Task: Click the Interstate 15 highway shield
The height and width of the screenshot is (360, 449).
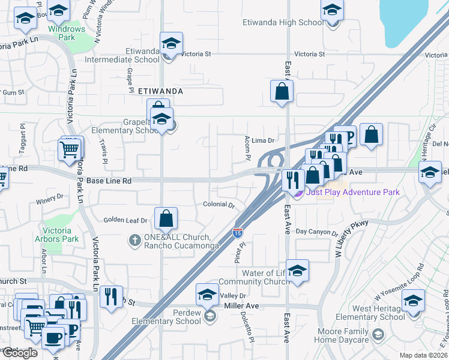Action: (238, 231)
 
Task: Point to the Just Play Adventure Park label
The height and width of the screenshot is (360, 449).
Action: (352, 192)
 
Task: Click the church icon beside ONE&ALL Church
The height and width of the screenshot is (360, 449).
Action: (134, 241)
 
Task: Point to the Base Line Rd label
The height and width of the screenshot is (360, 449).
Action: (109, 181)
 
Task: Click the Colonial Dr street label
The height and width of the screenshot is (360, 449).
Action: (218, 205)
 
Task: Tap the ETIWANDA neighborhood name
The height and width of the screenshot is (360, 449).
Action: (160, 91)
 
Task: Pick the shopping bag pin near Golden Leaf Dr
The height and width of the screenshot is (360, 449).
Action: (166, 219)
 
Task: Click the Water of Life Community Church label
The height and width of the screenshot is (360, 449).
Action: (255, 277)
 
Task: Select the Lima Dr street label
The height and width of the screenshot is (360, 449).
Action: (262, 140)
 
